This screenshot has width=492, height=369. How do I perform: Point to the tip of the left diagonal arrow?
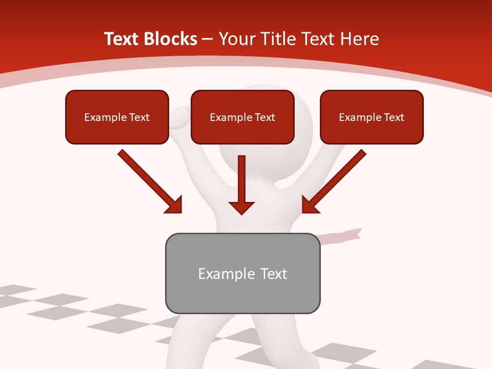(180, 212)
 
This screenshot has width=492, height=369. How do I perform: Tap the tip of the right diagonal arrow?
(303, 212)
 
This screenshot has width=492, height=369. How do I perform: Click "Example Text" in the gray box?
(242, 274)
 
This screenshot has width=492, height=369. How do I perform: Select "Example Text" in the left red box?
(117, 117)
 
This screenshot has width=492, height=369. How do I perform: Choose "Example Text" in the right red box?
(372, 117)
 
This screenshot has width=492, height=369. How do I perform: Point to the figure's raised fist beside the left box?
(179, 117)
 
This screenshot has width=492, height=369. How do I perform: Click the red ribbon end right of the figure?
(354, 234)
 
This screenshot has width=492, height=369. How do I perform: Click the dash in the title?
(208, 39)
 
